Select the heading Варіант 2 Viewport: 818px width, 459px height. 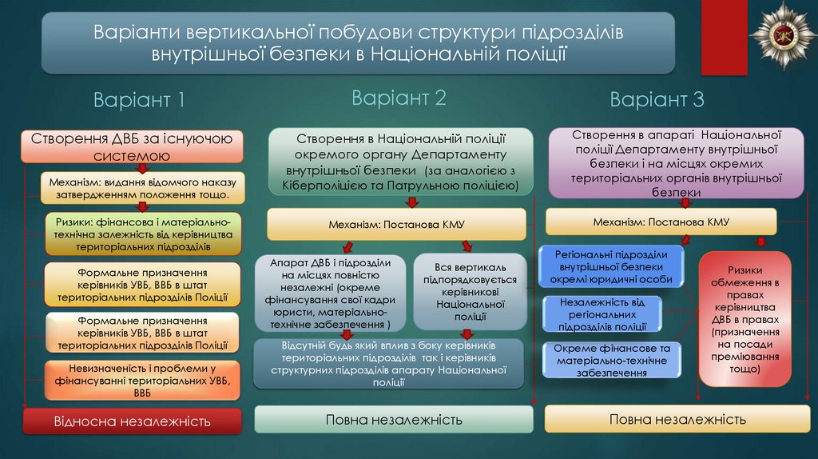[399, 98]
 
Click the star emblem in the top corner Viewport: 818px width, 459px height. [782, 34]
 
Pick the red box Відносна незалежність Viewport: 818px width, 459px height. [132, 421]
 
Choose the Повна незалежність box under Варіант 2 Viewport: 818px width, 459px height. [394, 420]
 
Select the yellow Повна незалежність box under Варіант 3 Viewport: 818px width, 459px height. [677, 419]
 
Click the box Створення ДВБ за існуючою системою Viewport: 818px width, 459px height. [132, 146]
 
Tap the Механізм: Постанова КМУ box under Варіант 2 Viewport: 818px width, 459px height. [396, 225]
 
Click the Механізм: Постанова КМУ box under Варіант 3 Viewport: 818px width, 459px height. [661, 222]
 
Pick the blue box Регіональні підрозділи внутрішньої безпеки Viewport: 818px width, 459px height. [612, 267]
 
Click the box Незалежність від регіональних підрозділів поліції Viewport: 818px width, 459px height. [603, 314]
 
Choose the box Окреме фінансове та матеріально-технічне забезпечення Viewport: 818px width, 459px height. [612, 361]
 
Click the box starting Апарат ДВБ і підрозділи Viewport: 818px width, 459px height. [330, 293]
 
